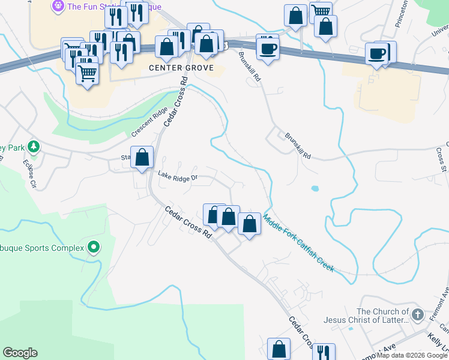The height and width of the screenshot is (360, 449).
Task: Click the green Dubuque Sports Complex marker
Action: pyautogui.click(x=93, y=247)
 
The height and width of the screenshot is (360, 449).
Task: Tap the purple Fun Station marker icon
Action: pyautogui.click(x=58, y=7)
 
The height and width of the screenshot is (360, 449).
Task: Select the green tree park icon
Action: pyautogui.click(x=34, y=146)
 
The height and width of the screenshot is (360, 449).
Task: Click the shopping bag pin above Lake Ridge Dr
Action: pyautogui.click(x=142, y=158)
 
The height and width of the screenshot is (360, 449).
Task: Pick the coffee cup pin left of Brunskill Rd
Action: pyautogui.click(x=268, y=48)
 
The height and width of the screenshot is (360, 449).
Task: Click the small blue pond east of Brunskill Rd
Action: pyautogui.click(x=315, y=188)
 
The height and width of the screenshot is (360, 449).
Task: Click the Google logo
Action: pyautogui.click(x=20, y=353)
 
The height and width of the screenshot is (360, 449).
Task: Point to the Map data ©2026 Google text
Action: pyautogui.click(x=412, y=355)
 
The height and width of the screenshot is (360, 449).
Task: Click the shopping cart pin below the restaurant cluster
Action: pyautogui.click(x=88, y=74)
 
